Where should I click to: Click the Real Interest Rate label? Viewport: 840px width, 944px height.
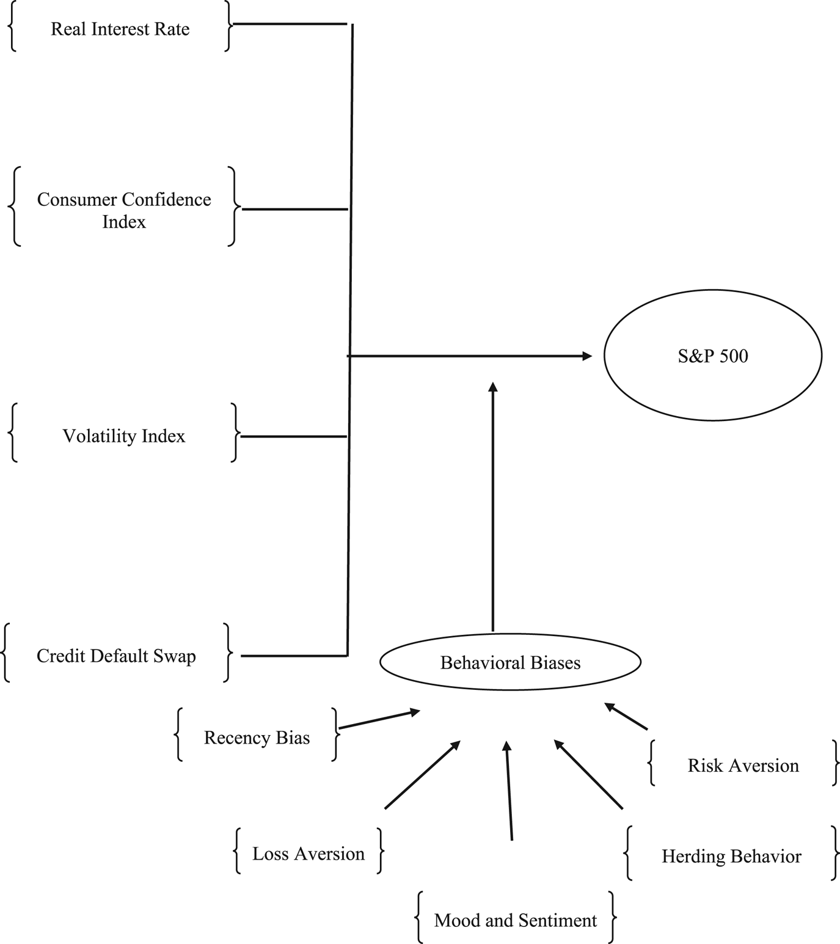click(120, 29)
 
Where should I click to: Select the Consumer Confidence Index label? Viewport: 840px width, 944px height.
click(124, 210)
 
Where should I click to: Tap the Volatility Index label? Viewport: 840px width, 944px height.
click(123, 436)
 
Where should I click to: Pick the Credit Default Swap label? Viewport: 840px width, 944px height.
click(116, 656)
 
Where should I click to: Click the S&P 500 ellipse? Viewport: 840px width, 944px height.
click(712, 356)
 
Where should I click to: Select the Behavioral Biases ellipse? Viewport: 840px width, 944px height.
click(510, 662)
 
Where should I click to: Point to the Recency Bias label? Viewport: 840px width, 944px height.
click(257, 737)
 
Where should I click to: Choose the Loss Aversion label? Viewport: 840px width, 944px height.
click(309, 854)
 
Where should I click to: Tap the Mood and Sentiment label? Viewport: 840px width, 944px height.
click(515, 920)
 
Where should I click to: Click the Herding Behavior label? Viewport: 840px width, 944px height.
click(731, 856)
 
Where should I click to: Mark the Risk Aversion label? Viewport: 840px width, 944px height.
click(743, 766)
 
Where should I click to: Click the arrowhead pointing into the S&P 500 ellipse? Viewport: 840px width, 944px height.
click(587, 356)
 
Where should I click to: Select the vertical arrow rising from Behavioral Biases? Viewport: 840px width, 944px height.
click(493, 507)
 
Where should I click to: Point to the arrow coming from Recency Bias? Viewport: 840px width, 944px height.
click(379, 719)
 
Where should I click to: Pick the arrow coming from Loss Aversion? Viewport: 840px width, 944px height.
click(422, 775)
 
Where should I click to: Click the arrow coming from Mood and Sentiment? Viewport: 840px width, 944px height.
click(509, 791)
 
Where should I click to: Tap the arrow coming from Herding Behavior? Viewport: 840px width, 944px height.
click(588, 775)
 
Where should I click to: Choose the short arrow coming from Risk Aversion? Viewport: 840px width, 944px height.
click(626, 716)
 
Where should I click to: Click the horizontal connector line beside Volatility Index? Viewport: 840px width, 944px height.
click(294, 436)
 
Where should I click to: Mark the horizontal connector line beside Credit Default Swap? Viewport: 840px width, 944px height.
click(294, 656)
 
